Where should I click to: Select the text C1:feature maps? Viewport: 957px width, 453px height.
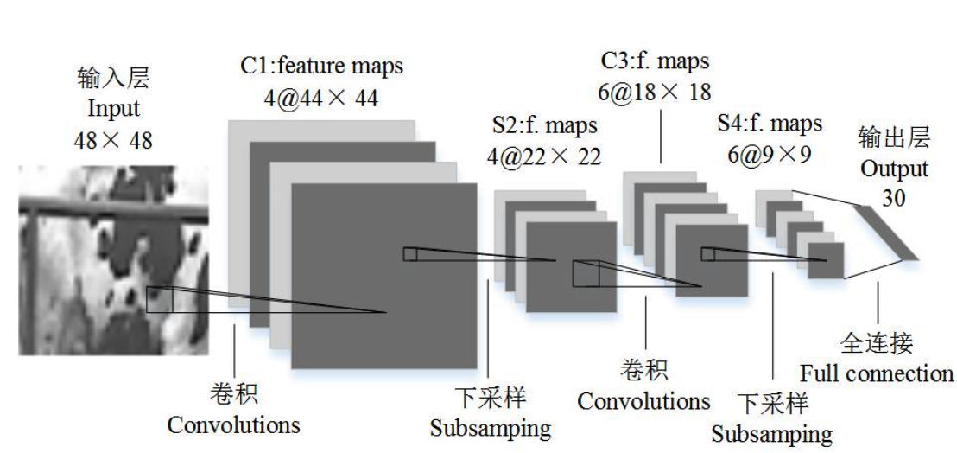(321, 65)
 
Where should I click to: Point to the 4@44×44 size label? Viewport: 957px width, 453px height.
(321, 97)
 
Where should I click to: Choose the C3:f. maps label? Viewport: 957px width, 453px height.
(655, 61)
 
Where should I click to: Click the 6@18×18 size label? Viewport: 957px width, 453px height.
(655, 93)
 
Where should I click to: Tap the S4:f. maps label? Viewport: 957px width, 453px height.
(770, 124)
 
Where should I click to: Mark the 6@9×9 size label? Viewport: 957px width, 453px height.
(770, 156)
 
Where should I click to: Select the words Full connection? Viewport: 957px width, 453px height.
(876, 373)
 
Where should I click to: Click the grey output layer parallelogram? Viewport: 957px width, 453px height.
(885, 232)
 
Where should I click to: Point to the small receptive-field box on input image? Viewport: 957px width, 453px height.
(160, 299)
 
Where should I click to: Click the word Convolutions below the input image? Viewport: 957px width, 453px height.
(233, 425)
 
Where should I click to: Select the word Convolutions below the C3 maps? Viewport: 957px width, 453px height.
(643, 401)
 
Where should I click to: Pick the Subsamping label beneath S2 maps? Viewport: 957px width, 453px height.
(490, 428)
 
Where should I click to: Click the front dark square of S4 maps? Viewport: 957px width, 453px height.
(826, 260)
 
